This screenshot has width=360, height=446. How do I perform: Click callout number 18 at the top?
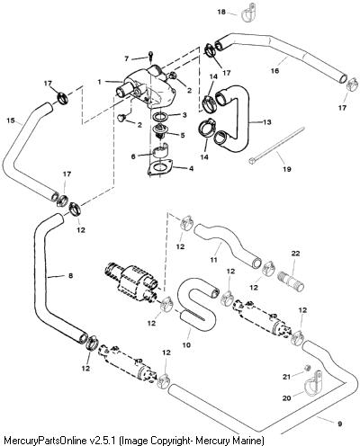[x=221, y=12]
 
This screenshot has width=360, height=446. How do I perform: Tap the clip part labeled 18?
[x=248, y=13]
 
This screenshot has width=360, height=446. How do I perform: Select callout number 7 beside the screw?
[x=127, y=58]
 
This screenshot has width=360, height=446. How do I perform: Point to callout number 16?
[x=274, y=71]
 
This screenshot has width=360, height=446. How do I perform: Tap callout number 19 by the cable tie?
[x=287, y=169]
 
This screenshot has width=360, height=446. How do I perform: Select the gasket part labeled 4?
[x=159, y=168]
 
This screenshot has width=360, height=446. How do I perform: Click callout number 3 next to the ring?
[x=184, y=115]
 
